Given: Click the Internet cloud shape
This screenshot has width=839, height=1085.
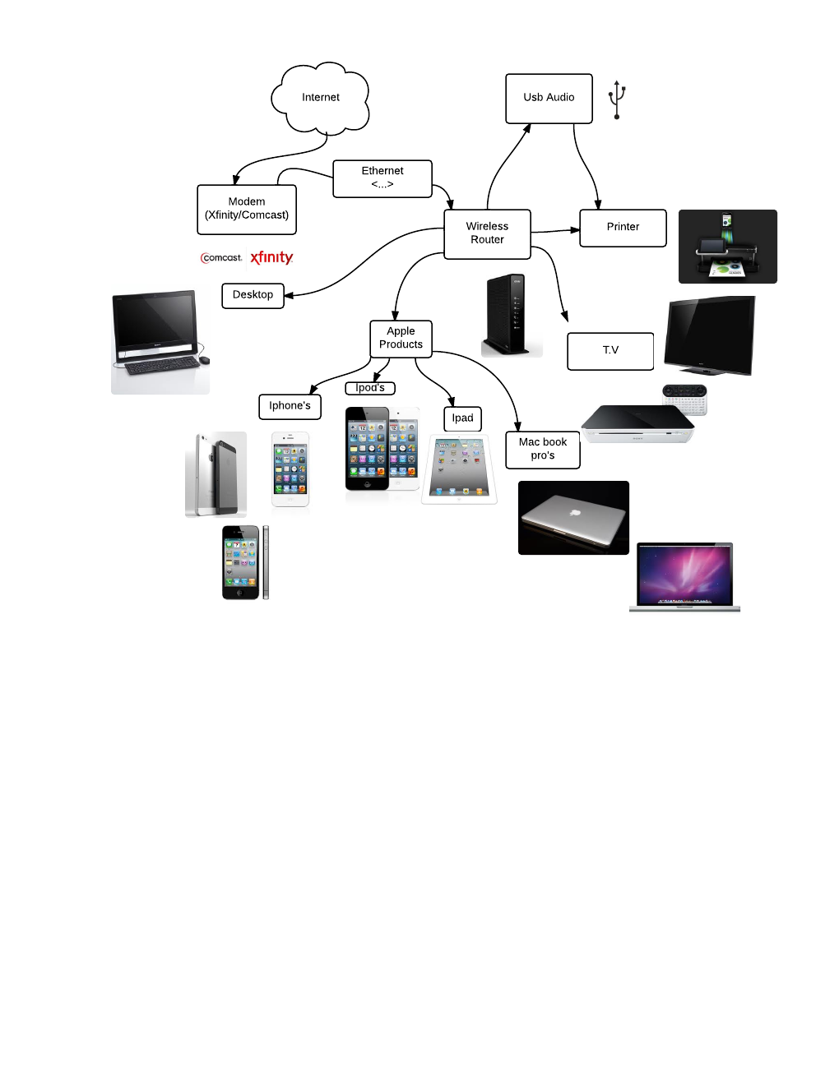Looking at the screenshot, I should pyautogui.click(x=320, y=98).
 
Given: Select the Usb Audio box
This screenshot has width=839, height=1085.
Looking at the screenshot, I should pyautogui.click(x=549, y=98).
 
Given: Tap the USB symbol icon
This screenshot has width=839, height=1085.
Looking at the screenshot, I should pyautogui.click(x=617, y=99).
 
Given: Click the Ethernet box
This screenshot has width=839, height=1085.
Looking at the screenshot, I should pyautogui.click(x=382, y=178).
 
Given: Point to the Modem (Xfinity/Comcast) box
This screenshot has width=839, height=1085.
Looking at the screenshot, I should pyautogui.click(x=247, y=209).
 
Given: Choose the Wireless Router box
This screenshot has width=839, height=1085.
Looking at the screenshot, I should pyautogui.click(x=487, y=233).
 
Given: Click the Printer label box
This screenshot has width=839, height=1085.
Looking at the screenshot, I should pyautogui.click(x=623, y=228).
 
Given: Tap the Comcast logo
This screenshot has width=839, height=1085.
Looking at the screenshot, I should pyautogui.click(x=221, y=258).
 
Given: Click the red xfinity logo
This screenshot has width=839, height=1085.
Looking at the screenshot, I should pyautogui.click(x=271, y=257).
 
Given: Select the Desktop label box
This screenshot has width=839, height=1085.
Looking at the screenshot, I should pyautogui.click(x=253, y=295).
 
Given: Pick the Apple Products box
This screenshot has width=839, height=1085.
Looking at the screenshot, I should pyautogui.click(x=401, y=338).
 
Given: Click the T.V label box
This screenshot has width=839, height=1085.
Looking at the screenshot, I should pyautogui.click(x=610, y=351).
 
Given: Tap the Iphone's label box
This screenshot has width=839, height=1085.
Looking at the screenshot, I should pyautogui.click(x=290, y=406).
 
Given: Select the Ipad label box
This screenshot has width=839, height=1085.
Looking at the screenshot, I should pyautogui.click(x=462, y=418).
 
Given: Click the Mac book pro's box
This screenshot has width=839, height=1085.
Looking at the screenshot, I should pyautogui.click(x=543, y=450).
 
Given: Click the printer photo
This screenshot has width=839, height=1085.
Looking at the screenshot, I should pyautogui.click(x=727, y=247).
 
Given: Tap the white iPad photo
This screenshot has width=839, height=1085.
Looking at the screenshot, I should pyautogui.click(x=459, y=469).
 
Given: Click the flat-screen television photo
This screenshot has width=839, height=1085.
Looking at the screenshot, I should pyautogui.click(x=710, y=335).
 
